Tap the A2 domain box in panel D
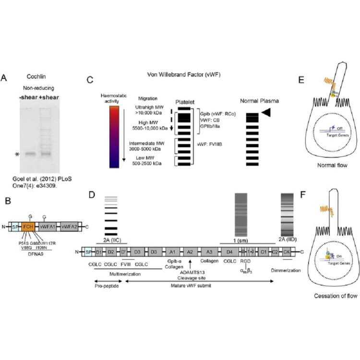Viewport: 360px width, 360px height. (x=190, y=251)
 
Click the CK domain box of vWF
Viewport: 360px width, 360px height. (x=286, y=251)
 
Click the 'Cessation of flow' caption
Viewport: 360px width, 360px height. (x=331, y=296)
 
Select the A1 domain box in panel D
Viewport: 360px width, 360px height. (x=172, y=251)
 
